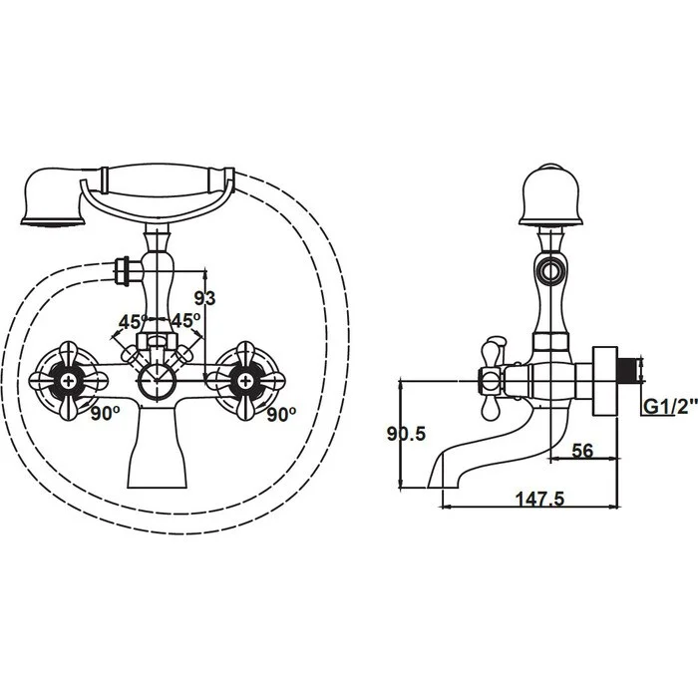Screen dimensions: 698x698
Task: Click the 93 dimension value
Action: click(204, 298)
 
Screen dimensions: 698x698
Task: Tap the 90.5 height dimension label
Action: click(406, 433)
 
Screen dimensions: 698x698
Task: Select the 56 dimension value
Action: click(582, 451)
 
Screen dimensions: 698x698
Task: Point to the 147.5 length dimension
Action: click(539, 499)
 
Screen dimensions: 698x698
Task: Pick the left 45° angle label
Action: click(133, 321)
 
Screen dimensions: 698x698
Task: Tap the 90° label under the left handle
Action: click(105, 414)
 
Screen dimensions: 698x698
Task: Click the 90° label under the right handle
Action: click(281, 415)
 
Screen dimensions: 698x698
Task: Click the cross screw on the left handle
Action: click(69, 381)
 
